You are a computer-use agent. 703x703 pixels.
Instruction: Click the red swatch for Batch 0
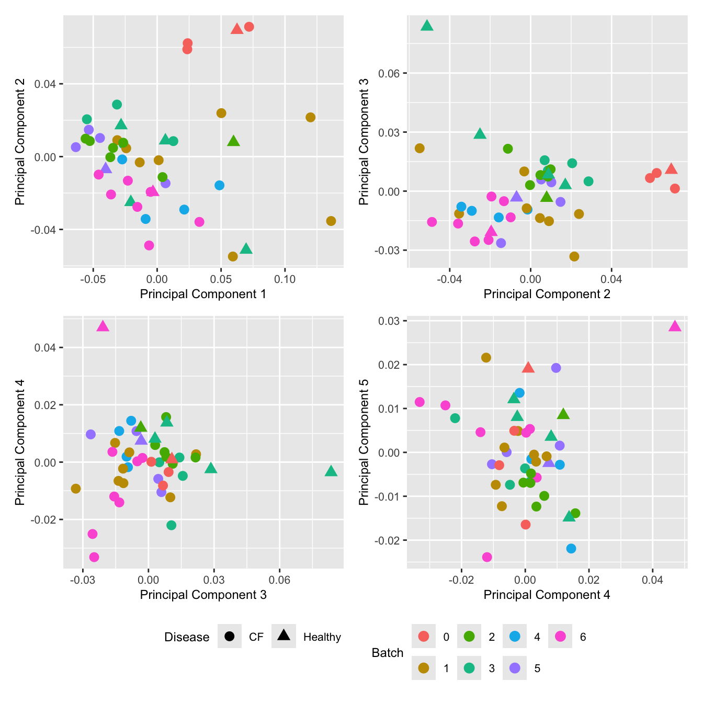click(x=423, y=637)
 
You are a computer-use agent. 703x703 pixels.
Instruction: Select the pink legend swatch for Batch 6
click(x=560, y=637)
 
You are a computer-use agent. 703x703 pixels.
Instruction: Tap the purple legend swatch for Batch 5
click(x=515, y=668)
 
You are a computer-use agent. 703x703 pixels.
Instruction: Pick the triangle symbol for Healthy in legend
click(x=284, y=636)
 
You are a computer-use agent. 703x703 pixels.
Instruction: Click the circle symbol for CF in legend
click(x=229, y=637)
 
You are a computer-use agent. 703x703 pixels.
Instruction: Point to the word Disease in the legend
click(x=187, y=637)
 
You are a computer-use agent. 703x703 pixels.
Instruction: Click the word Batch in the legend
click(x=387, y=653)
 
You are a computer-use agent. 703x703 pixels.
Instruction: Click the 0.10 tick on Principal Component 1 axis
click(x=285, y=279)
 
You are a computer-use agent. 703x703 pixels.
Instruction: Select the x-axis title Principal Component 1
click(x=203, y=294)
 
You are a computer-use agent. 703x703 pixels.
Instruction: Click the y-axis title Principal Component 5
click(x=364, y=442)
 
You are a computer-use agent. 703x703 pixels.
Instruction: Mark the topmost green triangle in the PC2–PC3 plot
click(x=427, y=26)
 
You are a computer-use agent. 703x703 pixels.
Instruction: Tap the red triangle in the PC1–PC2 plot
click(x=237, y=29)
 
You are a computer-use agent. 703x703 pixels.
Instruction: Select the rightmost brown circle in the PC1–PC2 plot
click(x=331, y=221)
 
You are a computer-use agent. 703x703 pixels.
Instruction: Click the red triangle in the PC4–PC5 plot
click(x=528, y=368)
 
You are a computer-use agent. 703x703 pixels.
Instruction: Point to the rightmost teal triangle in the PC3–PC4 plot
click(x=331, y=471)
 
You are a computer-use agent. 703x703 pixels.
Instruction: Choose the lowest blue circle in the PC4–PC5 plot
click(x=571, y=548)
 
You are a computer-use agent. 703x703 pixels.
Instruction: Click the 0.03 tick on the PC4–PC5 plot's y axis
click(x=389, y=321)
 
